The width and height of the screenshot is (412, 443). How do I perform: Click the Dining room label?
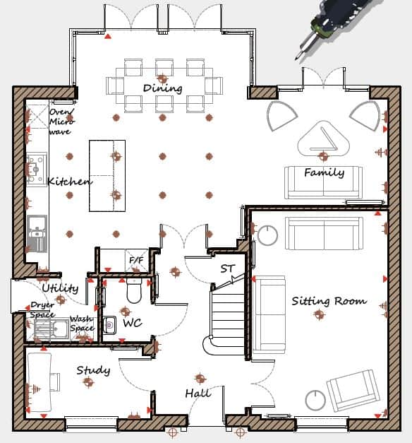(x=162, y=88)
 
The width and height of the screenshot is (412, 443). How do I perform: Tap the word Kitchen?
(x=69, y=182)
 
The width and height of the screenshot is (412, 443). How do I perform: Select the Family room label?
(x=324, y=172)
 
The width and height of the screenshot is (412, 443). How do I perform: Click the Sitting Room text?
(x=329, y=301)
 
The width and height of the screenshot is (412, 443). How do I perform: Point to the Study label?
(x=92, y=370)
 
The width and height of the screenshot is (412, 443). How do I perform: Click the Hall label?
(x=198, y=393)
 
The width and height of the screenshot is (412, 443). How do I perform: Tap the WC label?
(x=133, y=323)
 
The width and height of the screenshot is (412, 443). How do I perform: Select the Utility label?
(x=60, y=288)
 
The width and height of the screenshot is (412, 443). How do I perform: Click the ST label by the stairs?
(x=227, y=269)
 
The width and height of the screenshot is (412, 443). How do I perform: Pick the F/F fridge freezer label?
(x=135, y=261)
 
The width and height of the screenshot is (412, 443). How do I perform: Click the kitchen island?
(x=107, y=176)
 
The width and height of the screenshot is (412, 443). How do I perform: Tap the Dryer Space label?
(x=42, y=309)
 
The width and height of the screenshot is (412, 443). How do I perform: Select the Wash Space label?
(x=82, y=324)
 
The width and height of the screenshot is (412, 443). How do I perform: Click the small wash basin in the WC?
(x=109, y=325)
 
